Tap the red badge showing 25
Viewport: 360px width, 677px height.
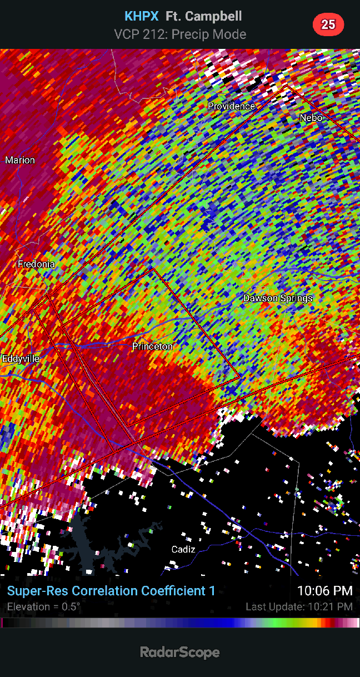pos(328,24)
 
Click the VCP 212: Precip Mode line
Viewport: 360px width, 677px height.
pos(180,34)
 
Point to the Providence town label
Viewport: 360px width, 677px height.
pos(231,106)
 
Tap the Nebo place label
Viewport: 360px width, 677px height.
pos(311,118)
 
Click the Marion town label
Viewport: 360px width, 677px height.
pos(20,160)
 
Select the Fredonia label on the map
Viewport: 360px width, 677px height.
pos(36,264)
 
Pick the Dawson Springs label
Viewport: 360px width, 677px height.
pos(278,298)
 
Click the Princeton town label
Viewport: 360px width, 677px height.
pos(152,347)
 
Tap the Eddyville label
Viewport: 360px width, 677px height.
pos(21,359)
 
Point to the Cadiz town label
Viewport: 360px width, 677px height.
pos(183,549)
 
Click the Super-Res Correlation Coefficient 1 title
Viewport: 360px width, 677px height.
pos(111,591)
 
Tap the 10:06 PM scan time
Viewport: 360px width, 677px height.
pos(324,591)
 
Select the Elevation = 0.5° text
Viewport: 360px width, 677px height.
pos(43,606)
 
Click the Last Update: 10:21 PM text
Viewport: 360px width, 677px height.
pos(299,607)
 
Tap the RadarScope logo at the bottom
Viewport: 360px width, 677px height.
pos(179,652)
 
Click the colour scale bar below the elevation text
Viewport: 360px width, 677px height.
pos(180,623)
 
